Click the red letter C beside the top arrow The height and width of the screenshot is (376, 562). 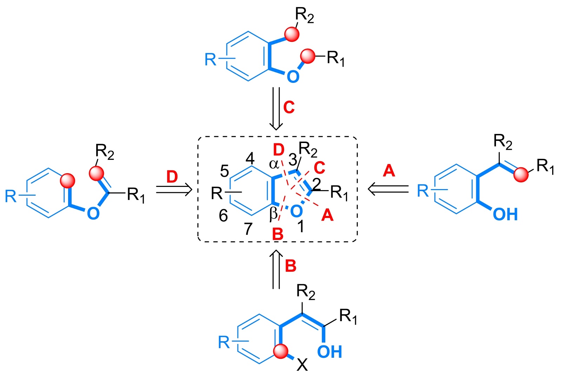click(x=289, y=107)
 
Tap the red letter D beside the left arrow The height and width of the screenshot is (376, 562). click(x=172, y=177)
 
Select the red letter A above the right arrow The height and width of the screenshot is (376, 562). click(x=389, y=171)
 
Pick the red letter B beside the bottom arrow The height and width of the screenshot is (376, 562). click(x=290, y=266)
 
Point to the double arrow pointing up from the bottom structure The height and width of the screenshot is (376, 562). click(x=276, y=269)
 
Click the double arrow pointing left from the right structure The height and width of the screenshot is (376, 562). click(x=388, y=189)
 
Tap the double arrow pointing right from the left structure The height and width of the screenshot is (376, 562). click(x=174, y=190)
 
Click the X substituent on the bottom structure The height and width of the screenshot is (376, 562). click(x=302, y=365)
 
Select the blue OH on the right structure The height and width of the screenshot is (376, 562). click(x=505, y=214)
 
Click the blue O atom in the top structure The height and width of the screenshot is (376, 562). click(x=293, y=77)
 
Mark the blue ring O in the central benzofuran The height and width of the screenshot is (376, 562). click(x=296, y=211)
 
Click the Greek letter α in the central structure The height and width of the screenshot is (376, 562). click(x=274, y=164)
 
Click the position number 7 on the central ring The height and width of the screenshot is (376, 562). click(x=248, y=229)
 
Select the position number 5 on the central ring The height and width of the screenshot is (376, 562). click(x=224, y=171)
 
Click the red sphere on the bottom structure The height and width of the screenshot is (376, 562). click(x=281, y=351)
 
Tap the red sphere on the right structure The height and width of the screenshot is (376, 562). click(x=521, y=175)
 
